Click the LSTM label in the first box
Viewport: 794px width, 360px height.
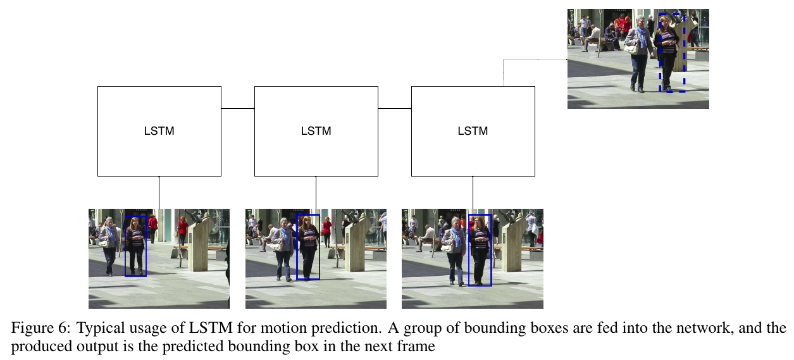click(159, 132)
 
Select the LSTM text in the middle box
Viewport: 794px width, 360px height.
click(316, 132)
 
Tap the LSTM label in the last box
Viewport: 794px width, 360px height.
click(473, 132)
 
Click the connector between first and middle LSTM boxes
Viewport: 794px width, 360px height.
click(237, 109)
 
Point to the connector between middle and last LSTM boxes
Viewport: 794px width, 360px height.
click(394, 109)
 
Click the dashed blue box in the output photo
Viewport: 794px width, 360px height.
click(671, 53)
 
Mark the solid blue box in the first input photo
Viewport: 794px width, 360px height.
click(135, 246)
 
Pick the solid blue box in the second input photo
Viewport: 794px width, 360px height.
click(308, 247)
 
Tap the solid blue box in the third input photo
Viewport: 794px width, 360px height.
click(480, 249)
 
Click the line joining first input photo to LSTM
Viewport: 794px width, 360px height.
click(159, 192)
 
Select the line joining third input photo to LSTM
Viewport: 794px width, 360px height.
click(473, 192)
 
